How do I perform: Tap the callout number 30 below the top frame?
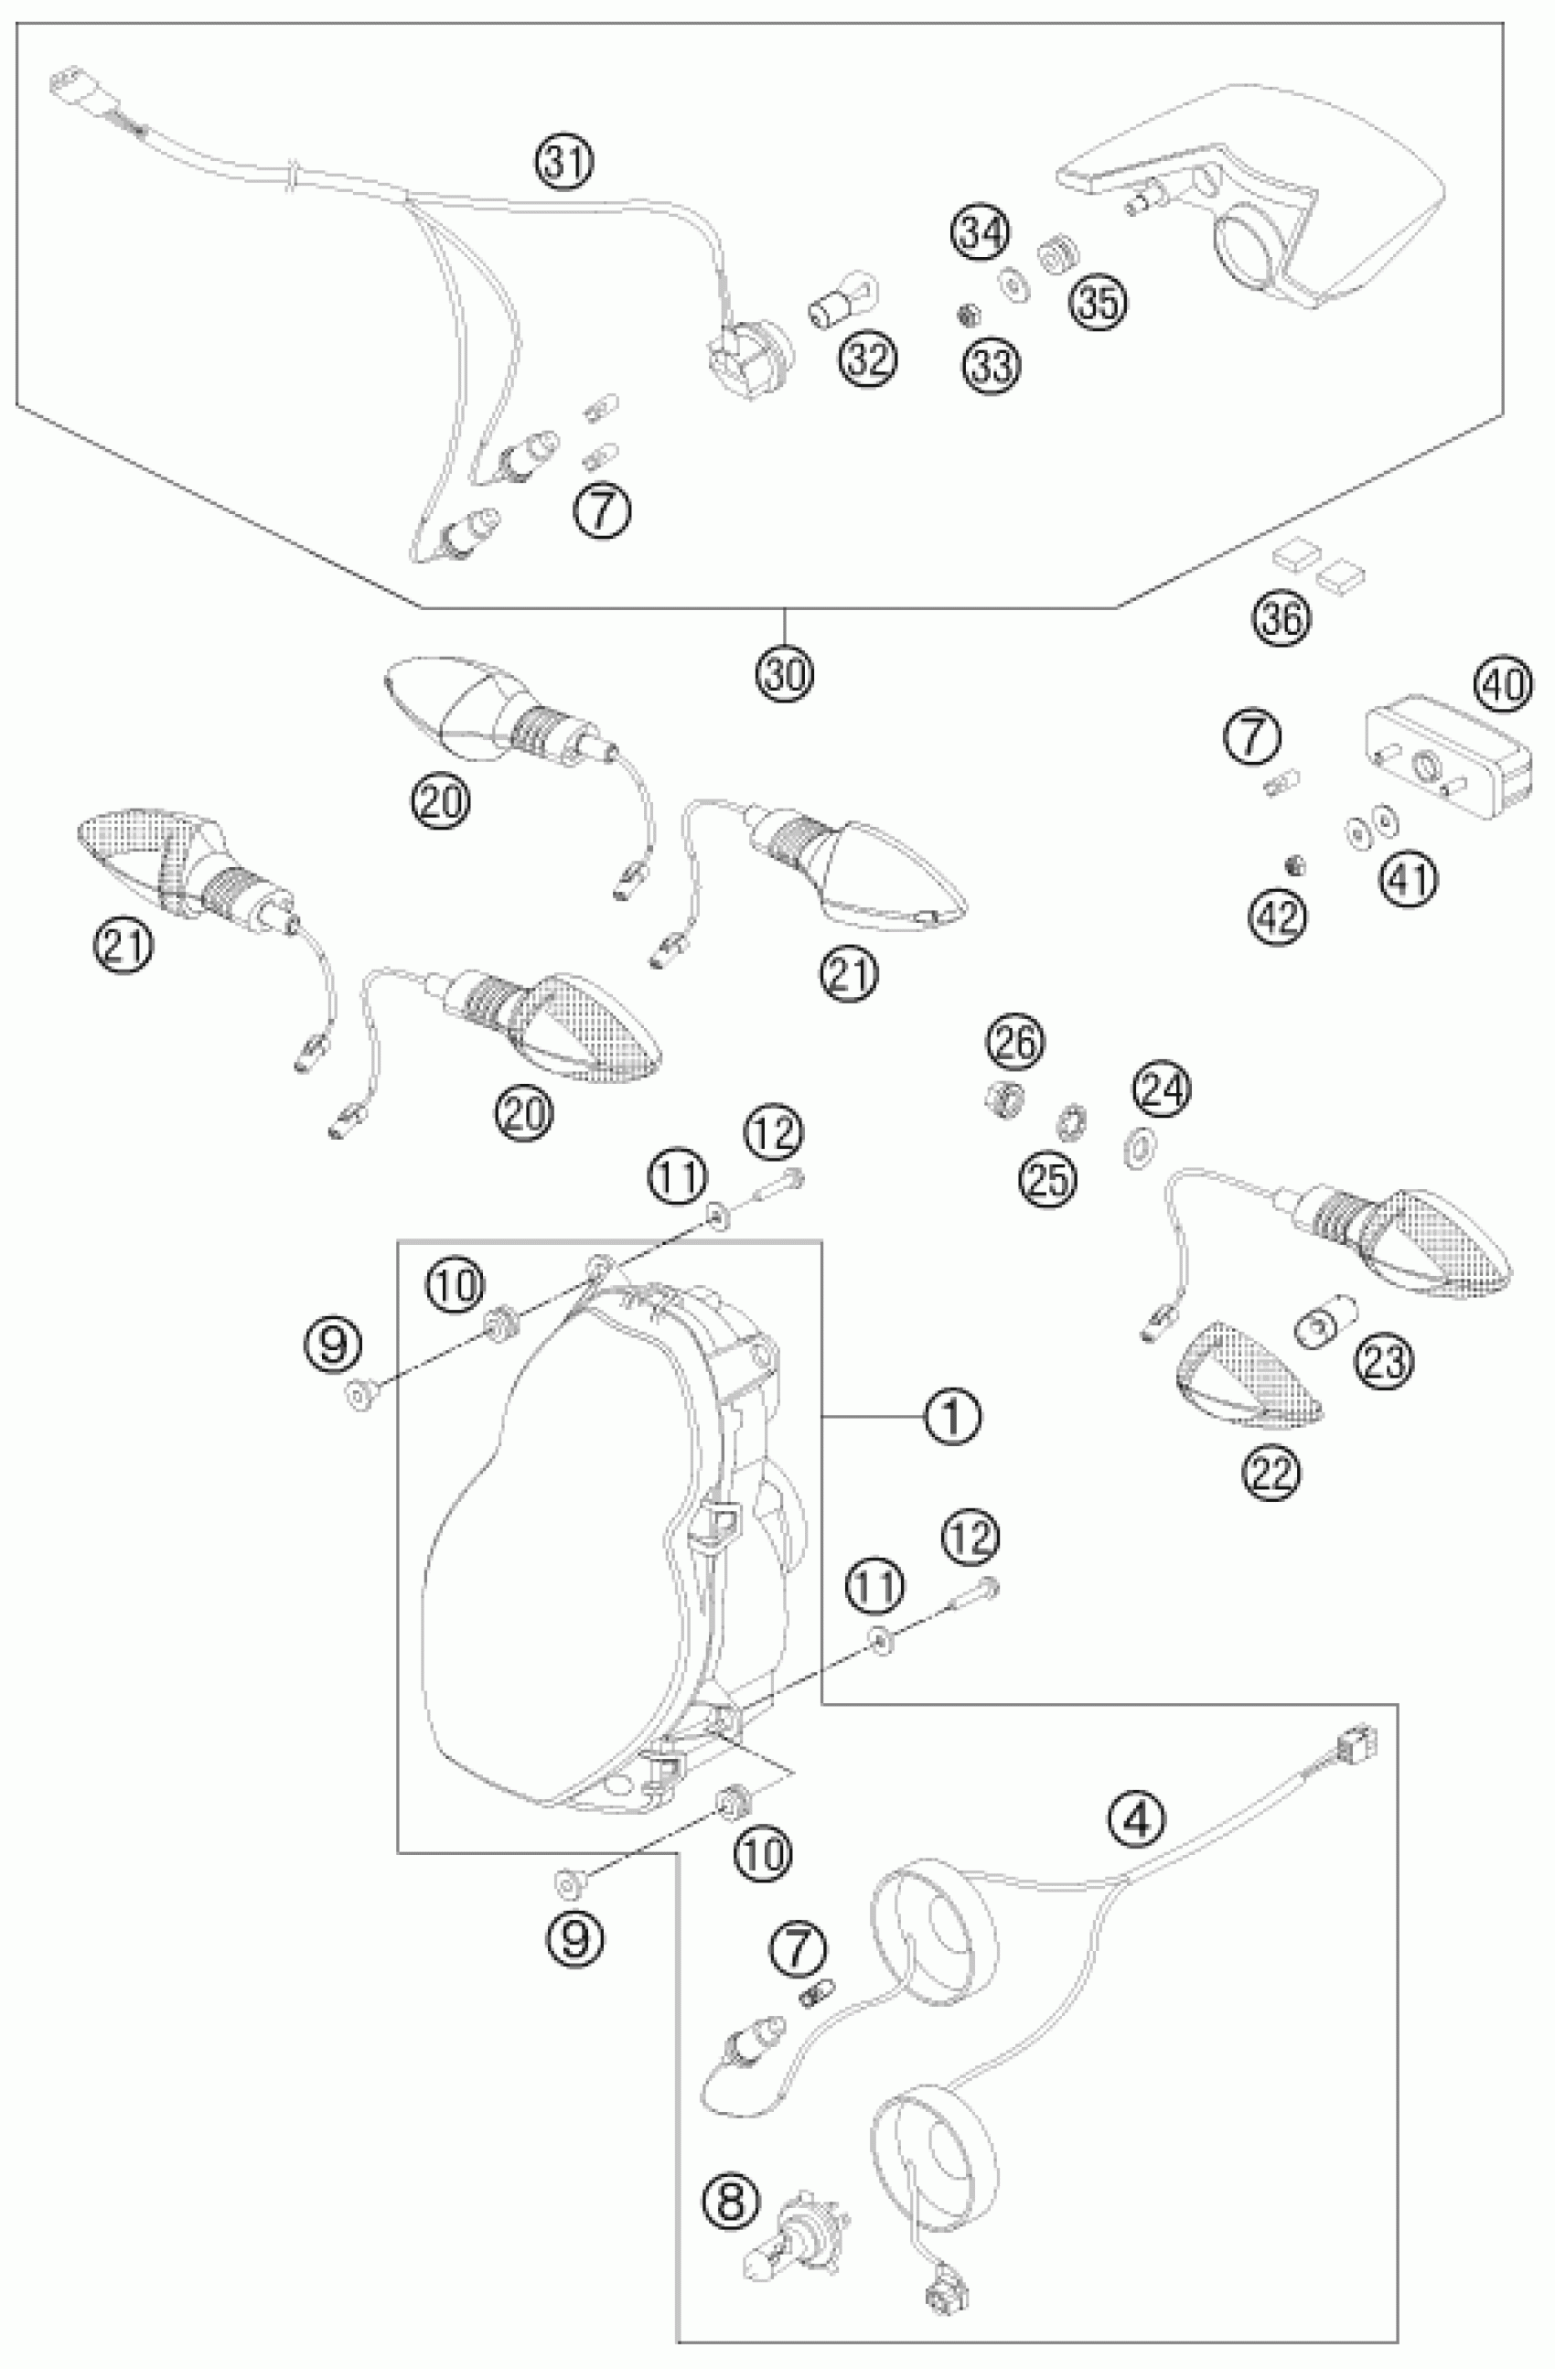tap(785, 674)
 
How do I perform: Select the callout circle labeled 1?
tap(953, 1414)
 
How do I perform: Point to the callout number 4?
tap(1136, 1820)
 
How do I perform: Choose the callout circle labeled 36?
tap(1282, 620)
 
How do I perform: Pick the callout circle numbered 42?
tap(1280, 915)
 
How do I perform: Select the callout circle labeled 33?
tap(992, 365)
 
